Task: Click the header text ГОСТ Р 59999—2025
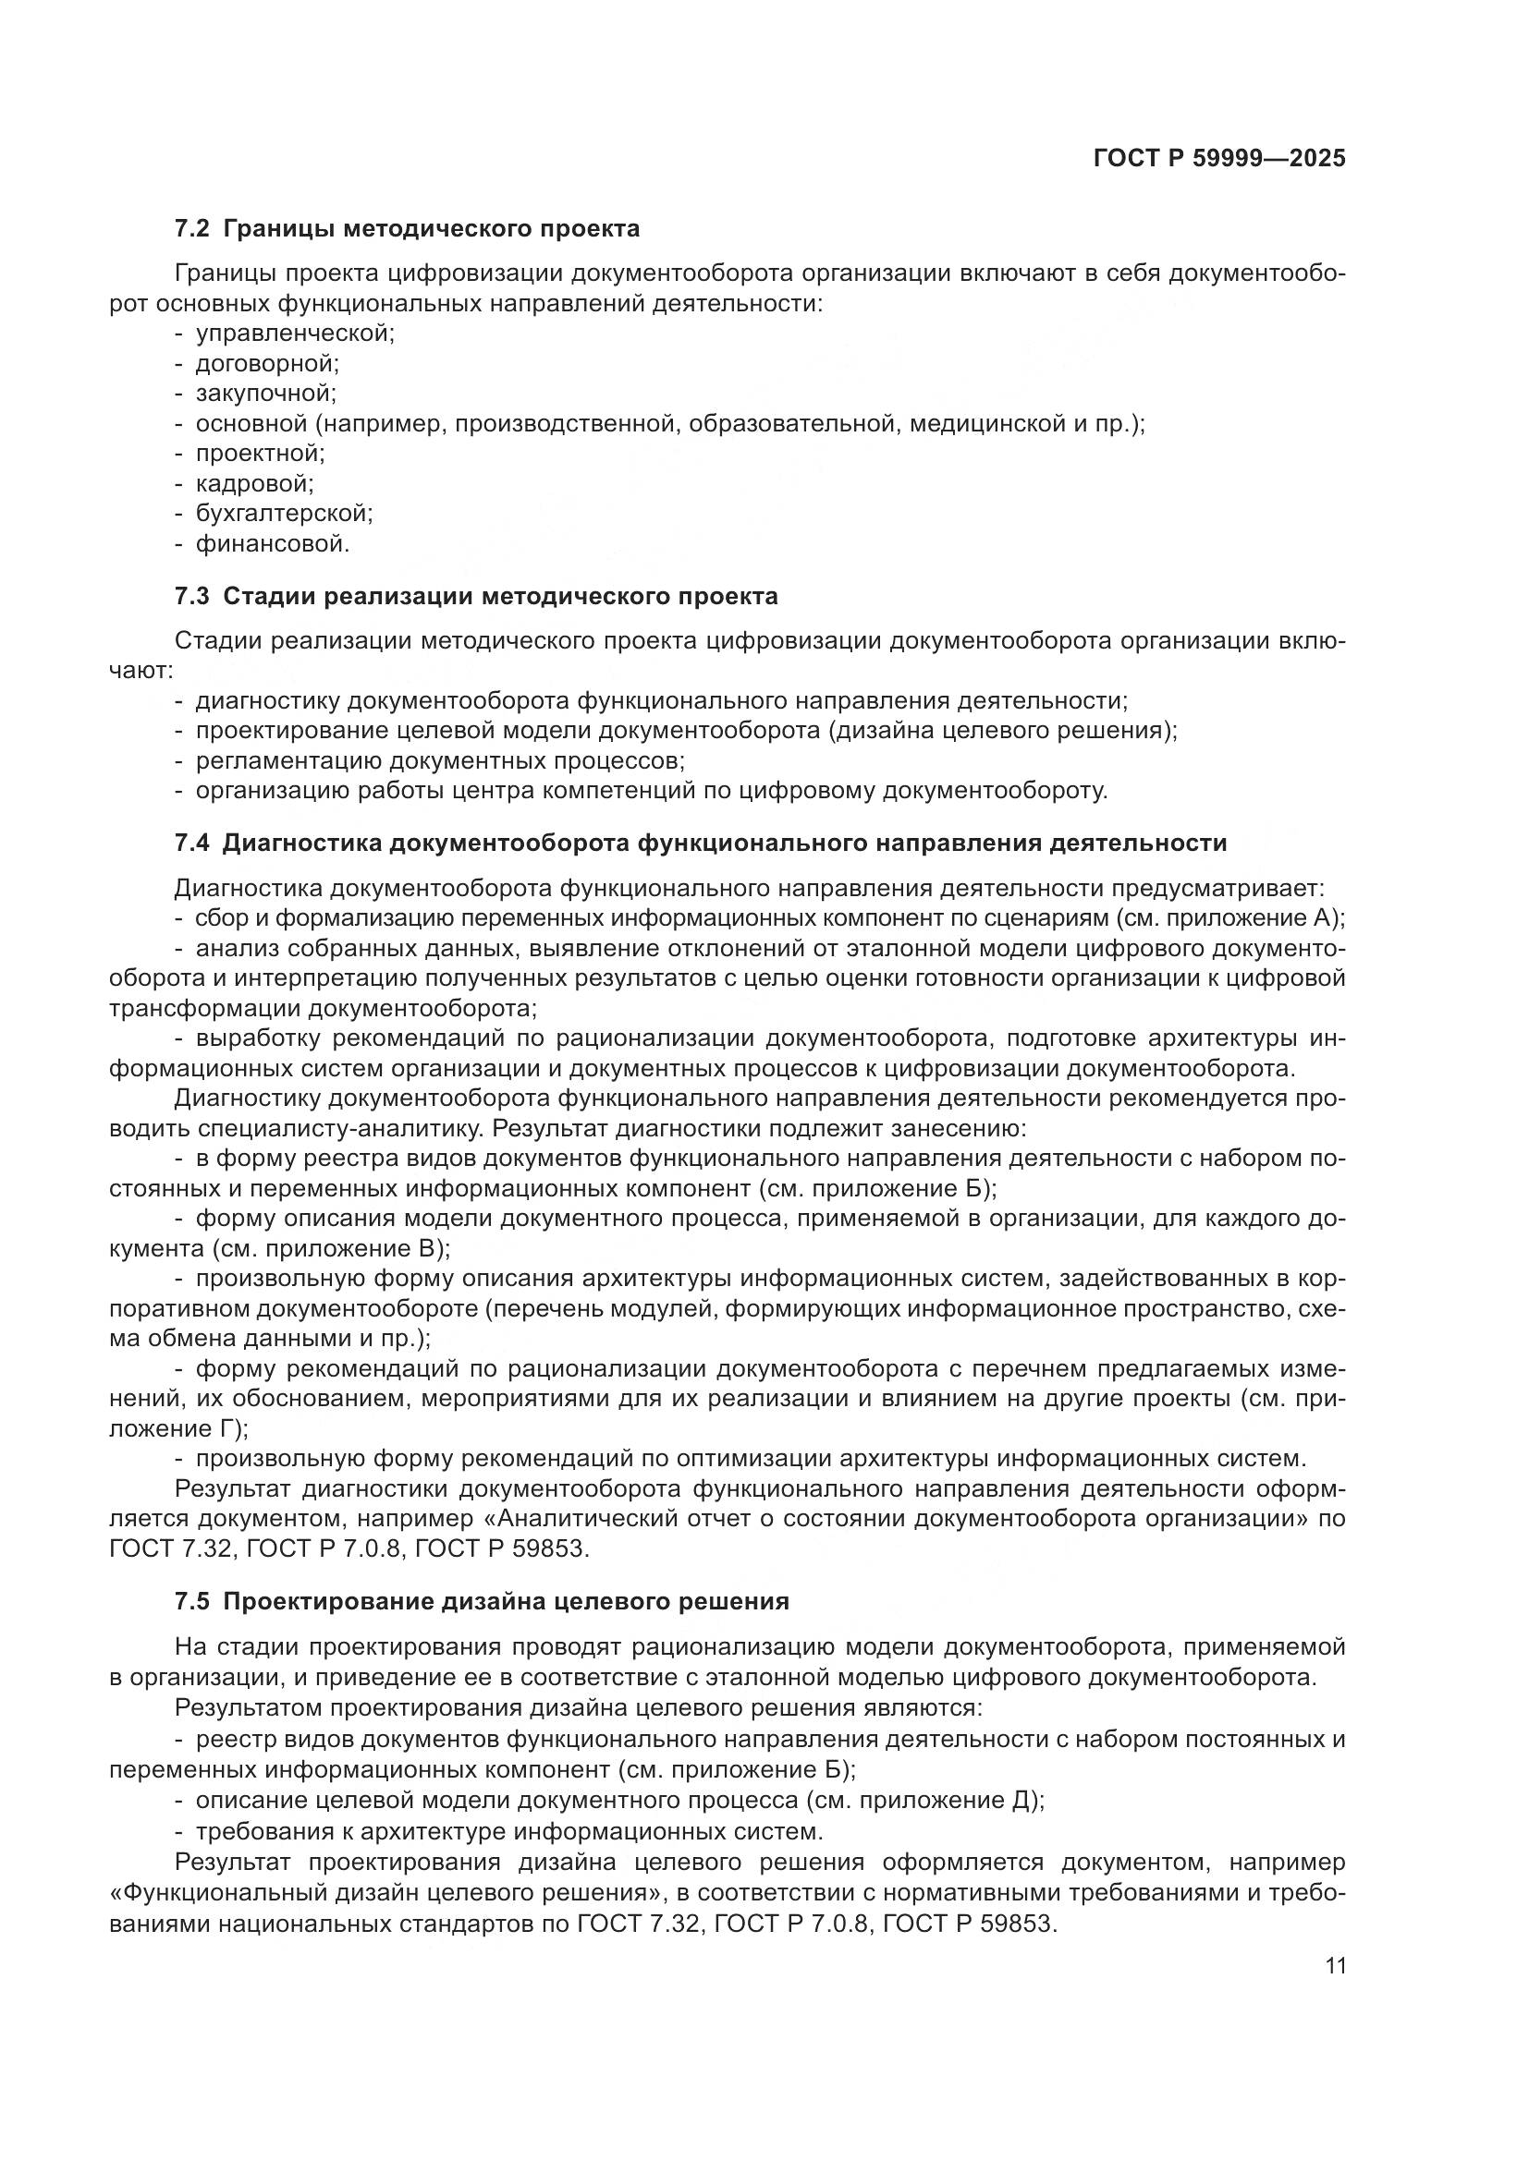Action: click(1219, 159)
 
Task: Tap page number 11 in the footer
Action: click(1335, 1967)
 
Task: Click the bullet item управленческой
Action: click(295, 334)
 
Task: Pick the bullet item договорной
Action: click(266, 363)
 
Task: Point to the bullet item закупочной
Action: click(265, 394)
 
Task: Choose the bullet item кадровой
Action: click(254, 484)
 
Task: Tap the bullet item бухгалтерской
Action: click(284, 514)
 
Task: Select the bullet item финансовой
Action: click(272, 544)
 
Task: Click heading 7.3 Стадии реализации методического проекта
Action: click(476, 597)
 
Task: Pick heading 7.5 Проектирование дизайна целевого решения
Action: click(482, 1602)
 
